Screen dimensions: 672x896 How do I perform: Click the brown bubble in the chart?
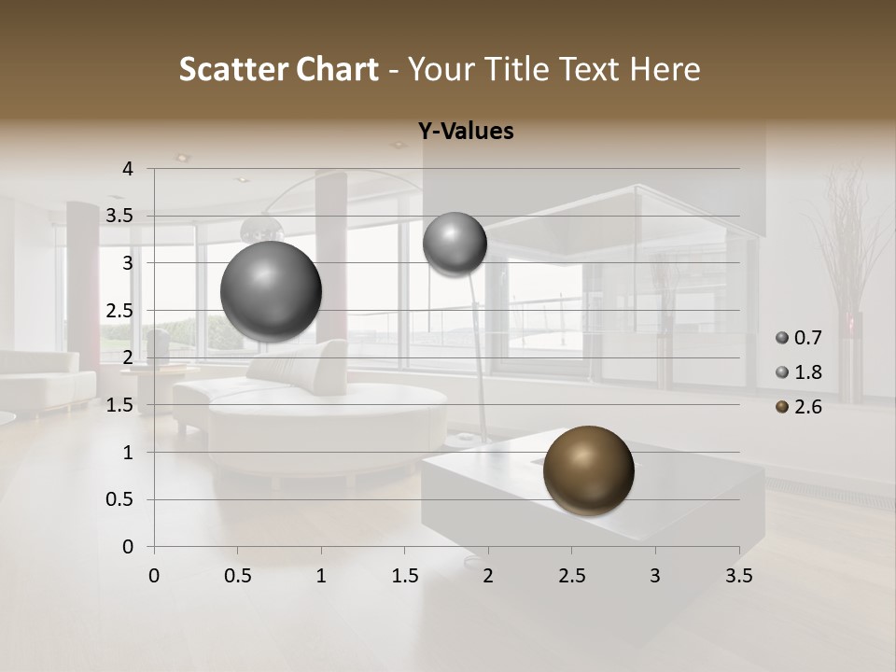point(588,470)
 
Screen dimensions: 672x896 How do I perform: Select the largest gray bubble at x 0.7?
point(271,291)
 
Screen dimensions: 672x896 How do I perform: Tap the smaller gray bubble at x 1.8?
point(455,244)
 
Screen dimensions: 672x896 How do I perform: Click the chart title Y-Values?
point(465,132)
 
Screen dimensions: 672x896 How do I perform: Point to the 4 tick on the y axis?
point(128,169)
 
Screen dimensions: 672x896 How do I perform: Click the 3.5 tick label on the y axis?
point(119,216)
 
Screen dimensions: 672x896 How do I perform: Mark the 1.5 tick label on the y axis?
point(119,405)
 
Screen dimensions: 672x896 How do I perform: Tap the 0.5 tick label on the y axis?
point(119,499)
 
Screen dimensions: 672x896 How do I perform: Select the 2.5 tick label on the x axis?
point(571,576)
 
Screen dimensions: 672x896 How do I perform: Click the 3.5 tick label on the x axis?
point(738,576)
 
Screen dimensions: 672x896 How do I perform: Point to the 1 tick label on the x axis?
point(321,576)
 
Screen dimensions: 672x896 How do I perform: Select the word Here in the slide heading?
point(665,69)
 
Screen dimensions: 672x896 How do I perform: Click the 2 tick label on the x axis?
point(488,576)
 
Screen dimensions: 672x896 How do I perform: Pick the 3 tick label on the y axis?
point(128,263)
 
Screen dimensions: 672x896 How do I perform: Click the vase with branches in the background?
point(849,280)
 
